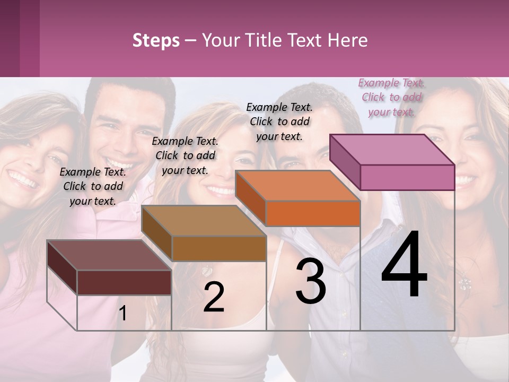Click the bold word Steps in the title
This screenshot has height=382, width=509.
pyautogui.click(x=156, y=40)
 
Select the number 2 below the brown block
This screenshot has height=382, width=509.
pyautogui.click(x=214, y=297)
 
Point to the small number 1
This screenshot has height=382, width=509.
pyautogui.click(x=122, y=314)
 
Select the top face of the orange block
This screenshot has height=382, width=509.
pyautogui.click(x=297, y=186)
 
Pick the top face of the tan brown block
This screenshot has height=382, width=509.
pyautogui.click(x=204, y=221)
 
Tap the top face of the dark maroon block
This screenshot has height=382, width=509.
pyautogui.click(x=109, y=255)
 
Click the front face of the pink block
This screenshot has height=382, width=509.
pyautogui.click(x=407, y=177)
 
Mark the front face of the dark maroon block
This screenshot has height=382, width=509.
pyautogui.click(x=124, y=282)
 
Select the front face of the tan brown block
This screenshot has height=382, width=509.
pyautogui.click(x=218, y=248)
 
